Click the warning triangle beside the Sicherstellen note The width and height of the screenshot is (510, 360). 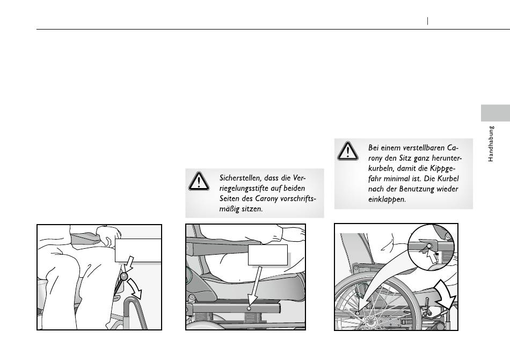(199, 181)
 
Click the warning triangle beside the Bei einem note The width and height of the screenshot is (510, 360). (348, 151)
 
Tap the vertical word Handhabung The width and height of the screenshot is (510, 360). (491, 144)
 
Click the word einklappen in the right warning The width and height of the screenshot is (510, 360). (387, 199)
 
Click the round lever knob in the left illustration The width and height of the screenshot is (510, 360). (124, 276)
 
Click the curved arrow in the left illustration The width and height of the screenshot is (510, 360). (135, 289)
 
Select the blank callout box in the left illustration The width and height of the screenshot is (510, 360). (138, 250)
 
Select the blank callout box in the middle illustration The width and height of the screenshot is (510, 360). (268, 255)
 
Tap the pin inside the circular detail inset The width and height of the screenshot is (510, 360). (429, 246)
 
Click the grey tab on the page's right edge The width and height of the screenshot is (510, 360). (496, 113)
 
